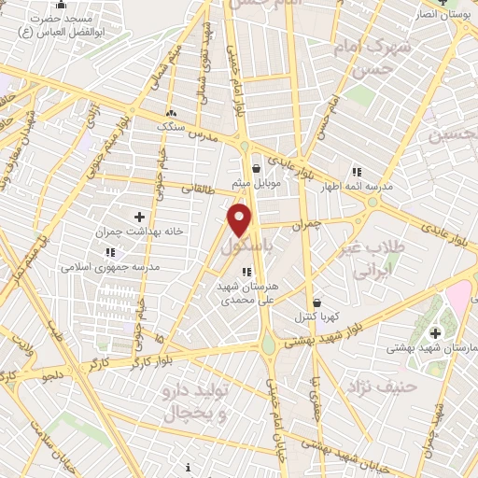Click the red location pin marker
pos(241,220)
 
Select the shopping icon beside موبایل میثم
pos(257,169)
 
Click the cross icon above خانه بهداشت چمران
pos(139,217)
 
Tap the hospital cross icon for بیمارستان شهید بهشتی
pos(435,332)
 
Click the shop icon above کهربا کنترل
pos(316,303)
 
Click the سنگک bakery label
pos(170,123)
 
